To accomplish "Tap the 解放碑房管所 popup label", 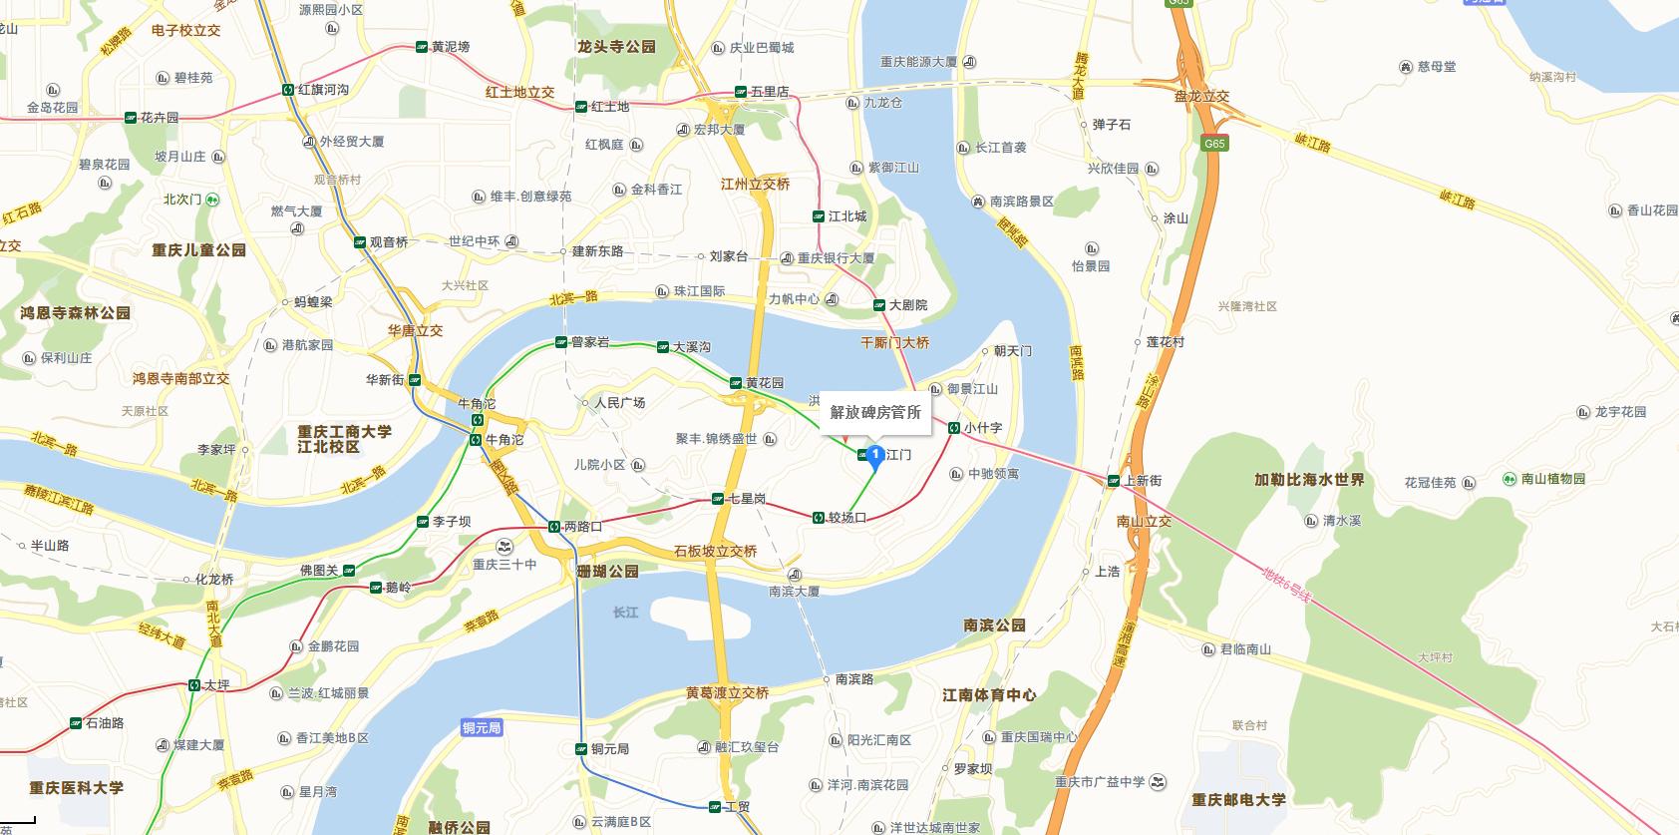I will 875,412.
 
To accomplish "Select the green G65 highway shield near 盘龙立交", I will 1213,144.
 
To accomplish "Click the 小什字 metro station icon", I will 954,428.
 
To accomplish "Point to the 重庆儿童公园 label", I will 198,250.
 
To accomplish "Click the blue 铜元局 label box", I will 482,728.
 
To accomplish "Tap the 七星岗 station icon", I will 718,499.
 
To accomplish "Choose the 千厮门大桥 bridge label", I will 894,342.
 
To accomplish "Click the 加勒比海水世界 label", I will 1309,480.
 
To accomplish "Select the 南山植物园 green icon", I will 1510,480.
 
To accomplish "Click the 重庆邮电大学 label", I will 1238,800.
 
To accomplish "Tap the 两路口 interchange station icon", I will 553,527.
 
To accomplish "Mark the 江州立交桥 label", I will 755,185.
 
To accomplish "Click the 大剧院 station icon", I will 879,305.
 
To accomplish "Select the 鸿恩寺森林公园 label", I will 76,313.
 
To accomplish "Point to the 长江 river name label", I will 625,612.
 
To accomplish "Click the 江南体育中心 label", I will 989,695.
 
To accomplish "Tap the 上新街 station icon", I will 1113,481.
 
